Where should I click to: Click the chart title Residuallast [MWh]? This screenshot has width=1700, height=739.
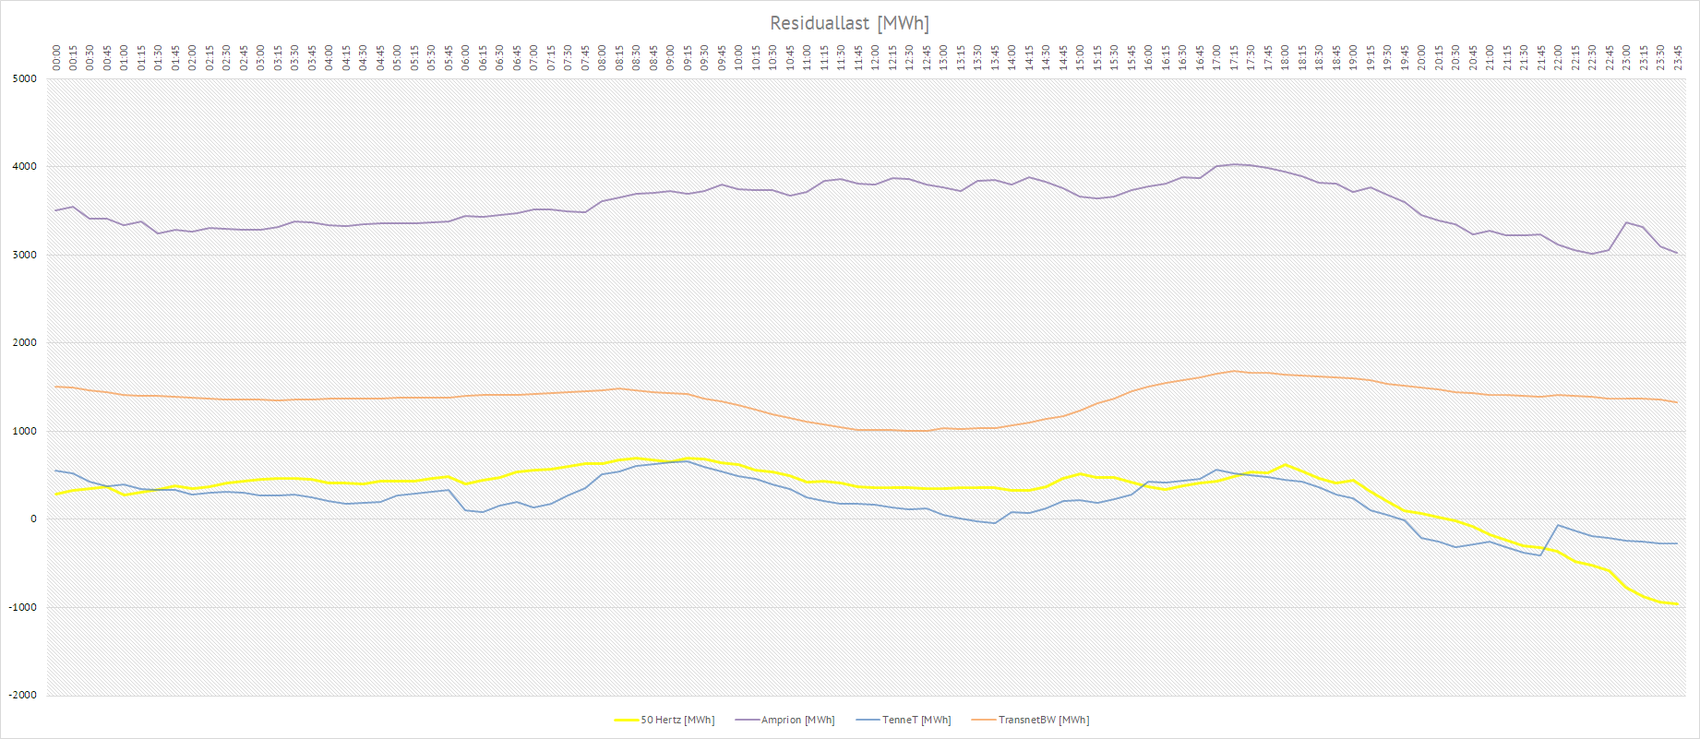[849, 23]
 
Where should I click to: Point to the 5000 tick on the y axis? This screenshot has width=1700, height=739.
[25, 79]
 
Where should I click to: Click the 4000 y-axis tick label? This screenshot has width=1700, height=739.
[25, 167]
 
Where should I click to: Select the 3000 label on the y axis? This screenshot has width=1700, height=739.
[25, 256]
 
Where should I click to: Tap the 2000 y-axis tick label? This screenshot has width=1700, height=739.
[25, 343]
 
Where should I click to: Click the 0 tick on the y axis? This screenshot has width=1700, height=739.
[33, 519]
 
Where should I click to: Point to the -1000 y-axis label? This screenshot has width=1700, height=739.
[23, 608]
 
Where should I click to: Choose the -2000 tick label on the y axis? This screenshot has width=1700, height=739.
[23, 696]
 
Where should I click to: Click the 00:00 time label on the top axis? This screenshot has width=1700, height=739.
[56, 57]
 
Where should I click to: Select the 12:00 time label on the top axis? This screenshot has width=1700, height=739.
[876, 57]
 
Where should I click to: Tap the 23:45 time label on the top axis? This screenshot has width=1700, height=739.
[1678, 57]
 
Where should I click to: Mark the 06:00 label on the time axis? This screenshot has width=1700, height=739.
[466, 57]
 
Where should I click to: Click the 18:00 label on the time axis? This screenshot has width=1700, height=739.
[1286, 57]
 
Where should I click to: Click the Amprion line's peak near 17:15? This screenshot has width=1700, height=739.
[1234, 164]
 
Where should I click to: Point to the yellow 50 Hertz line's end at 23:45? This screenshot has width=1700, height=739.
[1677, 604]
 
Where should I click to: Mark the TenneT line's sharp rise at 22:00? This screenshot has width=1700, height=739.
[1558, 526]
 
